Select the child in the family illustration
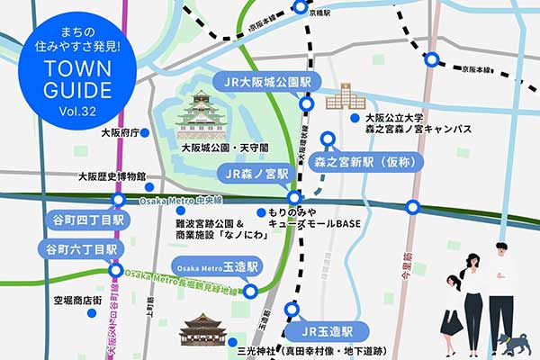pyautogui.click(x=452, y=311)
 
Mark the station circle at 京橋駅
pyautogui.click(x=301, y=8)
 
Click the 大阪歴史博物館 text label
pyautogui.click(x=112, y=176)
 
